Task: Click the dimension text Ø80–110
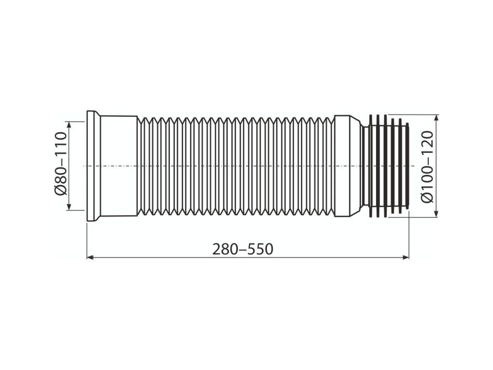coord(61,164)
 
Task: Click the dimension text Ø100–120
coord(427,167)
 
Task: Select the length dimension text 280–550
coord(243,249)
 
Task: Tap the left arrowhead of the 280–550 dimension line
coord(90,257)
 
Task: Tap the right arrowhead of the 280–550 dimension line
coord(405,257)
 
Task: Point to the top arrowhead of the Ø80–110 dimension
coord(69,124)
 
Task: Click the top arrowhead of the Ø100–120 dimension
coord(436,119)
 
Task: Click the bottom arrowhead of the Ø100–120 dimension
coord(436,213)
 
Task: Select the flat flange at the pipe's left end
coord(92,166)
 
